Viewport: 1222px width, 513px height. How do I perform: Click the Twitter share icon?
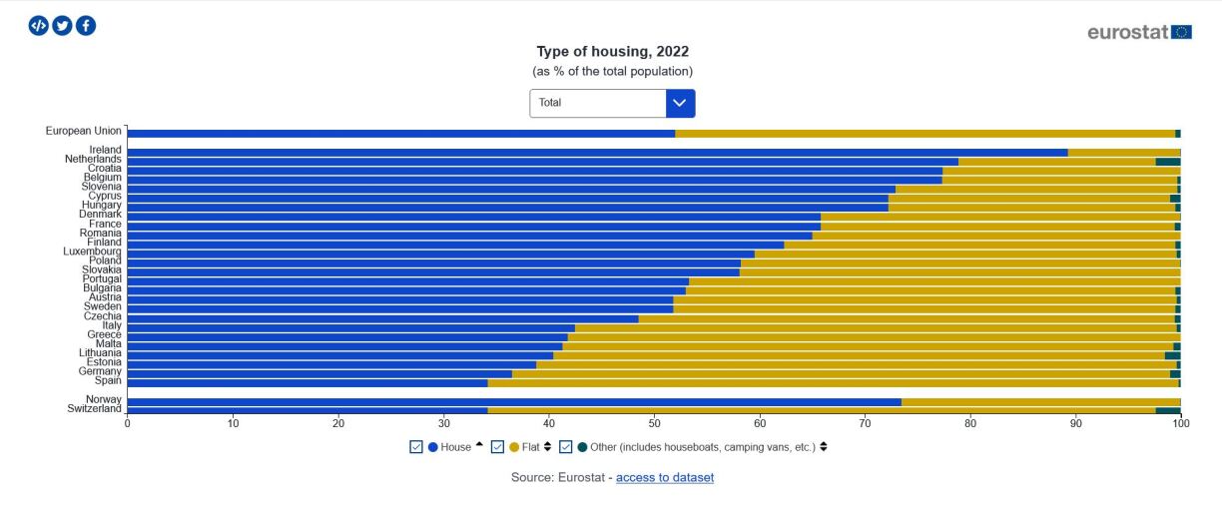[x=62, y=26]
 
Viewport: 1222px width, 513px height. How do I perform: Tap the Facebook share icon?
[x=86, y=26]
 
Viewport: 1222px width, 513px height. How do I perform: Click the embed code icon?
[x=38, y=26]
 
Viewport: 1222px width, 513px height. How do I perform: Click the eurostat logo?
[x=1139, y=32]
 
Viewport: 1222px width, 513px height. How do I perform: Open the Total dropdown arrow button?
[x=680, y=103]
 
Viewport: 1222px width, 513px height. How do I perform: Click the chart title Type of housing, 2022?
[x=612, y=51]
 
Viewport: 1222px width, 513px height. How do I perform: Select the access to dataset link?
[x=664, y=477]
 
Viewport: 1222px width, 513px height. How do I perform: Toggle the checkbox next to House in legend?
[x=416, y=447]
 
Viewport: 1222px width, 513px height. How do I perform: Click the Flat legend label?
[x=530, y=447]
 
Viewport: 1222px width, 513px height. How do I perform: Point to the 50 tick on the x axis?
[x=654, y=423]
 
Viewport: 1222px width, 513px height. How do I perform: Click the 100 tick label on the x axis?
[x=1180, y=423]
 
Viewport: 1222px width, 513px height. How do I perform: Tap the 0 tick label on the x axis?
[x=127, y=423]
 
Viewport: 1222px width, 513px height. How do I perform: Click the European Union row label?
[x=84, y=131]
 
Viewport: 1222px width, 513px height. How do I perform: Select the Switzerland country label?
[x=94, y=408]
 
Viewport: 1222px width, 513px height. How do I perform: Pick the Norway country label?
[x=104, y=399]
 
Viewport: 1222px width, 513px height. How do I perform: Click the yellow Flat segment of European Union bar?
[x=924, y=133]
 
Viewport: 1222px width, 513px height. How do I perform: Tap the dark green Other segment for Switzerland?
[x=1167, y=410]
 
